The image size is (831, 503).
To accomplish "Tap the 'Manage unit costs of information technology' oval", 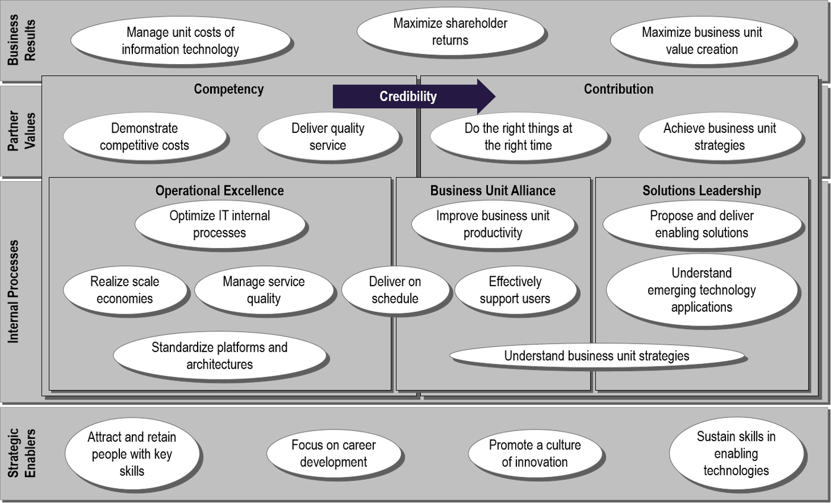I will (180, 41).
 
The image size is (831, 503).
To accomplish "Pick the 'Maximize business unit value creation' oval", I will (702, 41).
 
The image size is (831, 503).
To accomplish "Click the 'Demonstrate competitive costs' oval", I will (144, 137).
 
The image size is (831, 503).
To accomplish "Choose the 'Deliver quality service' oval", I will (328, 137).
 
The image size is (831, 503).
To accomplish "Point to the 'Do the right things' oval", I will (518, 137).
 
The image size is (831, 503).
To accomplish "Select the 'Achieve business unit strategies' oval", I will (719, 137).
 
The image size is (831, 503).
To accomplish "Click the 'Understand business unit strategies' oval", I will (597, 356).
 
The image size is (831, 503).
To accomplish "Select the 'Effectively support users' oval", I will (515, 290).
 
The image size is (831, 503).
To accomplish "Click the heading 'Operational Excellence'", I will (220, 191).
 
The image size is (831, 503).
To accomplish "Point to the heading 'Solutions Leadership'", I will (702, 191).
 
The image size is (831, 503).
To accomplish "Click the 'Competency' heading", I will (229, 89).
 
